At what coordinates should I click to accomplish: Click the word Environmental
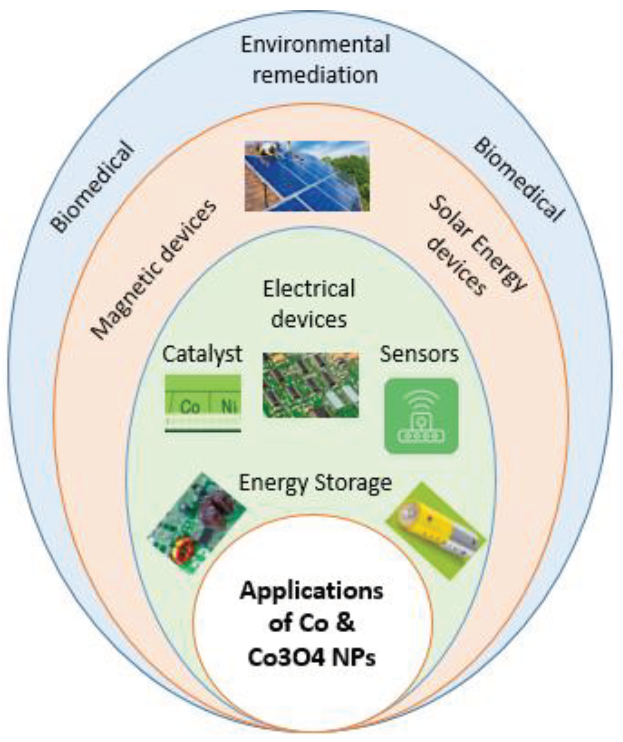315,45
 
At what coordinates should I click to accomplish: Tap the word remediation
315,75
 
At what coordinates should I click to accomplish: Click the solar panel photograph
307,176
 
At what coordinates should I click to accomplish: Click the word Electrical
309,289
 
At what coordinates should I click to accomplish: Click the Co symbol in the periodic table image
190,407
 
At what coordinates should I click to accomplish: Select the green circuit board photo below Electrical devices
310,385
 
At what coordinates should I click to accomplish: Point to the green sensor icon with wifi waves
421,416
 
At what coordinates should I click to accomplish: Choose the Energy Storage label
315,482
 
